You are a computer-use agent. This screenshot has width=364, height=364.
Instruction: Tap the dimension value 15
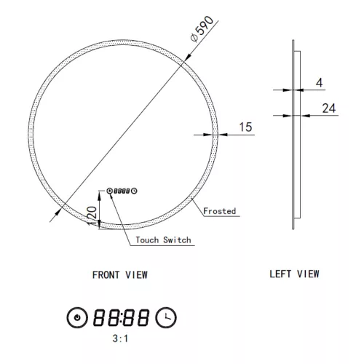tap(245, 127)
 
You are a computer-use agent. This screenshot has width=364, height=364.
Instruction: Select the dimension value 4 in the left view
tap(320, 83)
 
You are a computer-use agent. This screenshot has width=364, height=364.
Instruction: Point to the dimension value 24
tap(328, 108)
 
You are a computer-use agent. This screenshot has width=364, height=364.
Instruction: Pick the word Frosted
tap(219, 210)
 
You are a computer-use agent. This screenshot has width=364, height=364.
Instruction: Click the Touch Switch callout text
tap(159, 240)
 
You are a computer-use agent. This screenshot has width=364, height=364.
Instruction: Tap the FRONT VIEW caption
tap(120, 274)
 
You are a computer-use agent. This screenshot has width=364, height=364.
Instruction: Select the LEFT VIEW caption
tap(294, 274)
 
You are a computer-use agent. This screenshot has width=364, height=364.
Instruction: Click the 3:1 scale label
tap(120, 339)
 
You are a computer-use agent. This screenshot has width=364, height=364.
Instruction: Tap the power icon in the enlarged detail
tap(76, 317)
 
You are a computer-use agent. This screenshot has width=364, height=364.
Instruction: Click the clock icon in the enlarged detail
tap(167, 317)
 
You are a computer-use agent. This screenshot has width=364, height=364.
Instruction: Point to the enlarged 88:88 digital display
tap(122, 317)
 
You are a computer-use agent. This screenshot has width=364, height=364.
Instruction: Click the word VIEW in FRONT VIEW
tap(137, 274)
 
